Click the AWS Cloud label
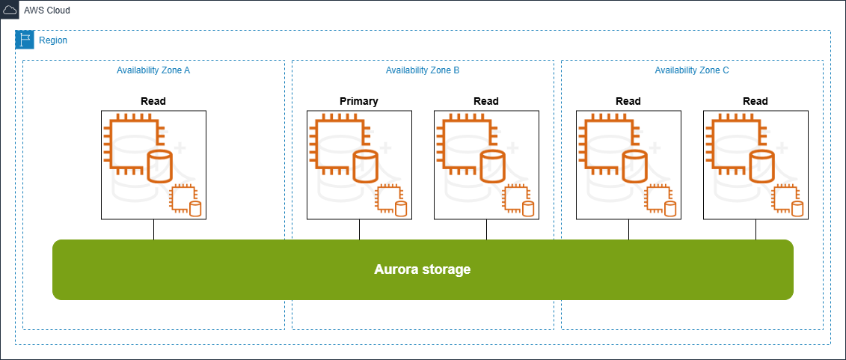(x=46, y=10)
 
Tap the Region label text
(x=52, y=40)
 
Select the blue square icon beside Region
(x=25, y=40)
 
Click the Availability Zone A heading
(x=153, y=70)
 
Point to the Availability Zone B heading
(x=423, y=70)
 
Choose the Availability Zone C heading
(x=692, y=70)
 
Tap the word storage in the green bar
(x=448, y=269)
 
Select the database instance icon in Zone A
(x=153, y=165)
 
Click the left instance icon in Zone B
(x=359, y=165)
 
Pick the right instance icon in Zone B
(x=486, y=165)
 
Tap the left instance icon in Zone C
(x=628, y=165)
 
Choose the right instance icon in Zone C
(x=755, y=165)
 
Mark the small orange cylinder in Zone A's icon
(x=196, y=209)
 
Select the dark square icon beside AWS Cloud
(x=10, y=10)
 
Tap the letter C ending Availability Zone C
(x=726, y=70)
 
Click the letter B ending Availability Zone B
(x=456, y=70)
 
